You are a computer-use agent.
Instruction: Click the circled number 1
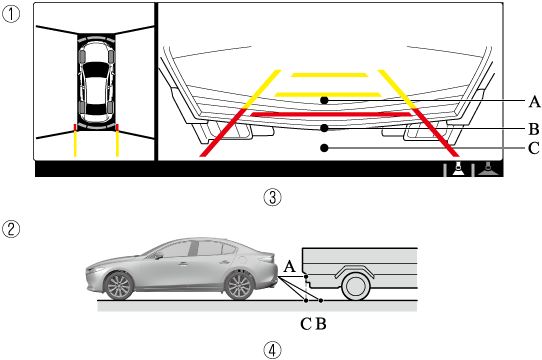(x=11, y=14)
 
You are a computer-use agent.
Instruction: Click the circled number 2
(x=11, y=229)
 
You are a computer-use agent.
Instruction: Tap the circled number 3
(x=272, y=198)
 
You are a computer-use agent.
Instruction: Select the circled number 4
(x=272, y=350)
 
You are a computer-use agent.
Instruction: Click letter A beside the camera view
(x=534, y=102)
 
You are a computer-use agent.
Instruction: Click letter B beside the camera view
(x=534, y=129)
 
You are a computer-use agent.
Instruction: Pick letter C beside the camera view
(x=534, y=148)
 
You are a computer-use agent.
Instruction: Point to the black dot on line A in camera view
(x=324, y=100)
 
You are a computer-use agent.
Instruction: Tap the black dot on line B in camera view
(x=324, y=128)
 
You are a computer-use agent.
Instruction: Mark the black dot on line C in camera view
(x=324, y=148)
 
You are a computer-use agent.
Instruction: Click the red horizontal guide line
(x=331, y=114)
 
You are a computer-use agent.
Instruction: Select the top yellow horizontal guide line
(x=329, y=75)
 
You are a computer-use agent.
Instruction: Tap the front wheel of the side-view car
(x=119, y=286)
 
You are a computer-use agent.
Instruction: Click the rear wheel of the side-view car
(x=240, y=286)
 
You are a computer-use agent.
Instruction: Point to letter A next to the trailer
(x=290, y=267)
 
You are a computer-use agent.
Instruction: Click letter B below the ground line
(x=321, y=324)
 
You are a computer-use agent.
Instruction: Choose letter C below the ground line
(x=306, y=324)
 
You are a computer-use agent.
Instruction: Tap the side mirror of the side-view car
(x=159, y=256)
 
